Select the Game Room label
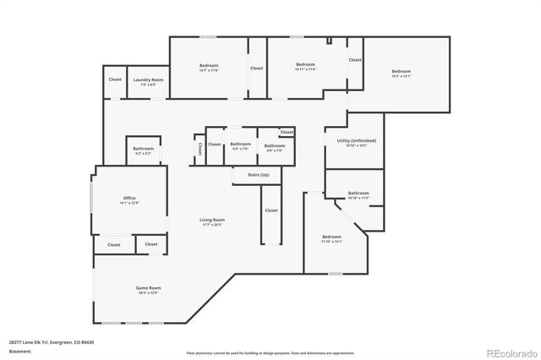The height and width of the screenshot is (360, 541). coord(149,288)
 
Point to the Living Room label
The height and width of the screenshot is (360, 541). coord(212,220)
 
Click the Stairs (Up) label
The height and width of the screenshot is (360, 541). coord(258,175)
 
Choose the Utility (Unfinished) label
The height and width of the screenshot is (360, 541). coord(356,140)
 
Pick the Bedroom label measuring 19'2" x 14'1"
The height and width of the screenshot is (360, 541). coord(401,71)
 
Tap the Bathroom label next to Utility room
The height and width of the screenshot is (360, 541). coord(358,193)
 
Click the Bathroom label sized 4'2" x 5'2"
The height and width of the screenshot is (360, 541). coord(143,149)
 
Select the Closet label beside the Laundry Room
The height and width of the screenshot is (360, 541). coord(115,79)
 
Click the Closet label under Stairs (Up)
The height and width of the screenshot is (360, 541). coord(270,210)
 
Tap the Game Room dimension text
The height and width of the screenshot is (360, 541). coord(149,293)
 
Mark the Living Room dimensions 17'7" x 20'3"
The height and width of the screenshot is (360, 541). coord(212,225)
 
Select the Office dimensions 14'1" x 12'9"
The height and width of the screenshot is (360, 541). coord(129,204)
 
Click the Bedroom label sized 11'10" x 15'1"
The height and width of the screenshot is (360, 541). coord(331,237)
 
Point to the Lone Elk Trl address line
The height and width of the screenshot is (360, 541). coord(51,342)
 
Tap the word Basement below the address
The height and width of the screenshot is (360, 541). coord(19,351)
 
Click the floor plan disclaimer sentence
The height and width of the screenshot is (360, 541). coord(270,352)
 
